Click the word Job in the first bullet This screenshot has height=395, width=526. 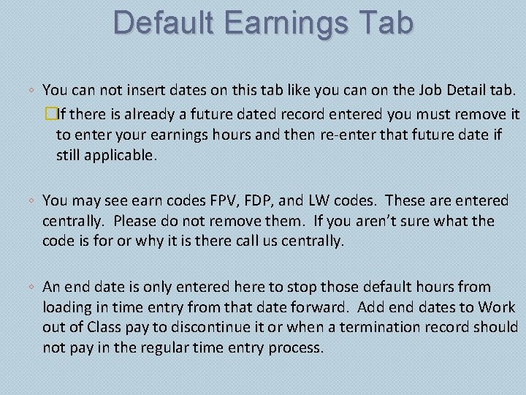(x=407, y=91)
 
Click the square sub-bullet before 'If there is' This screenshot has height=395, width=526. (x=50, y=114)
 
